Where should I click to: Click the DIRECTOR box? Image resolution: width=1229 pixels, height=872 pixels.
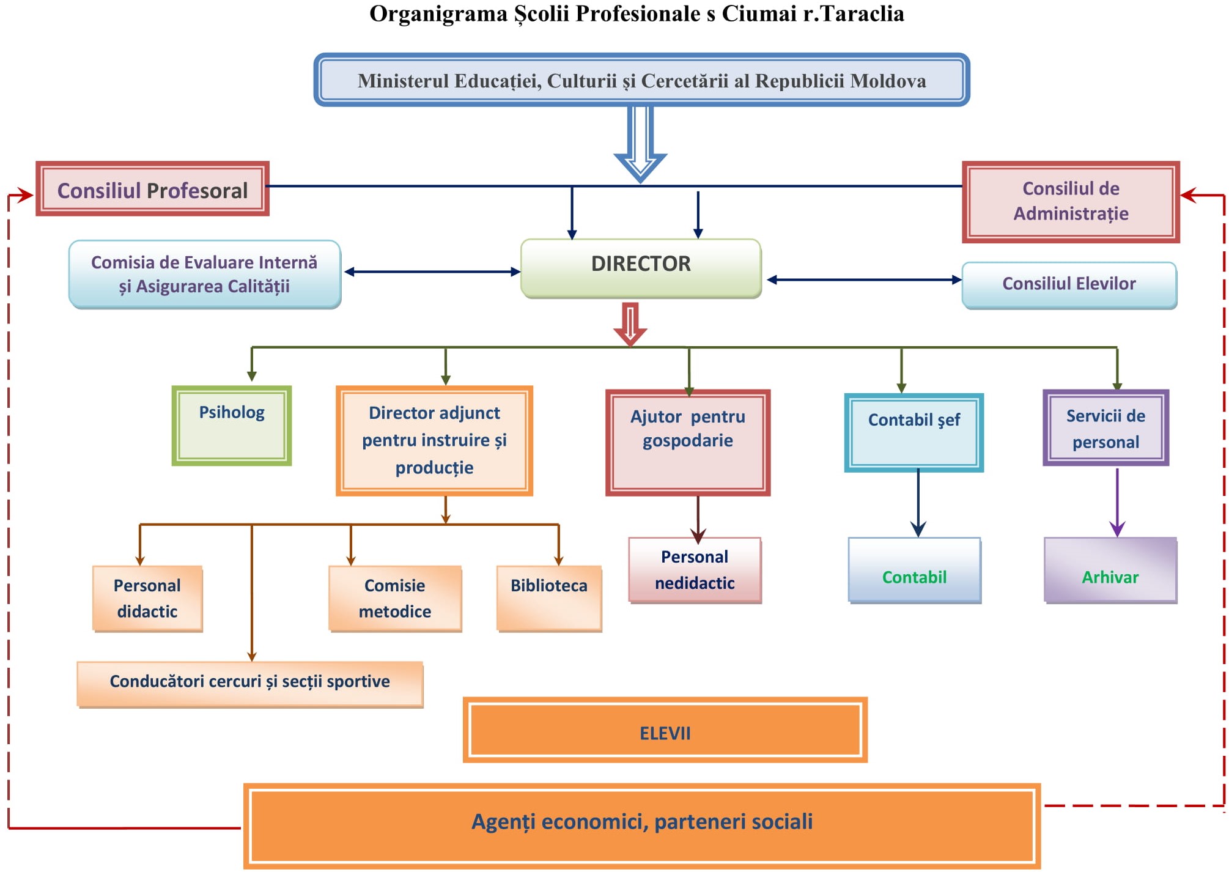[x=641, y=268]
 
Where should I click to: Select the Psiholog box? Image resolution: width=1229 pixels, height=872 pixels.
[x=232, y=426]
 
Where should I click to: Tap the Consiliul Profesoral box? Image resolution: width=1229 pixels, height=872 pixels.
[x=152, y=190]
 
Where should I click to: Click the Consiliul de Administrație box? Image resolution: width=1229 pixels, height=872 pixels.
[x=1071, y=202]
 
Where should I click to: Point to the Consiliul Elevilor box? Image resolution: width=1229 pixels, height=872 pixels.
[x=1069, y=284]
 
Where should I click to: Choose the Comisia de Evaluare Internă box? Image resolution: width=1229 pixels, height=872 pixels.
[x=205, y=274]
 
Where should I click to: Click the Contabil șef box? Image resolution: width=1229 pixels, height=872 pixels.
[x=913, y=432]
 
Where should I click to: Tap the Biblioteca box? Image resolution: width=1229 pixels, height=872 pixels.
[x=549, y=598]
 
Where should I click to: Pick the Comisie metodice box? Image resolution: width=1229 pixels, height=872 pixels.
[x=395, y=598]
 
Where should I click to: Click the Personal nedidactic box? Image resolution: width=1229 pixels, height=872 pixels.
[x=695, y=570]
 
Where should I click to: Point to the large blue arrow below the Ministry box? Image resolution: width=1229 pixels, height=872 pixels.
[x=640, y=144]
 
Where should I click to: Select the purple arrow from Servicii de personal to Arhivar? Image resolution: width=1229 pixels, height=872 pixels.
[x=1117, y=501]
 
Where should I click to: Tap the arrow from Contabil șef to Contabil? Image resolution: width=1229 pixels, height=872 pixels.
[x=918, y=501]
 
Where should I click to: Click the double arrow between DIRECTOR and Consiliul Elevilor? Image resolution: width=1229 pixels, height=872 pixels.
[x=864, y=279]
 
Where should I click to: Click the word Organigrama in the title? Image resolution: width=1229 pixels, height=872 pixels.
[x=438, y=13]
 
